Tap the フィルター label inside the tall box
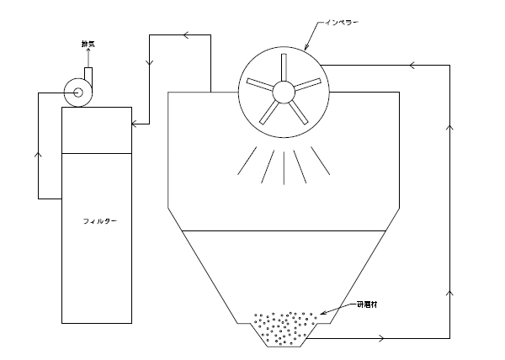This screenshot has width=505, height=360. pyautogui.click(x=99, y=220)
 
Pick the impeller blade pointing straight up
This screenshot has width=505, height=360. pyautogui.click(x=280, y=68)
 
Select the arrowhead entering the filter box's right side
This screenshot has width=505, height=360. pyautogui.click(x=136, y=124)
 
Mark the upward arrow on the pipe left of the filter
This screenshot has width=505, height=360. pyautogui.click(x=38, y=156)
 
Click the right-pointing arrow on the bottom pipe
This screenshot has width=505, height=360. pyautogui.click(x=384, y=339)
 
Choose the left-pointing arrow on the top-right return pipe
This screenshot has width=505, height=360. pyautogui.click(x=412, y=64)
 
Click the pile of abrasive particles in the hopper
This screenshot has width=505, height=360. pyautogui.click(x=287, y=327)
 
